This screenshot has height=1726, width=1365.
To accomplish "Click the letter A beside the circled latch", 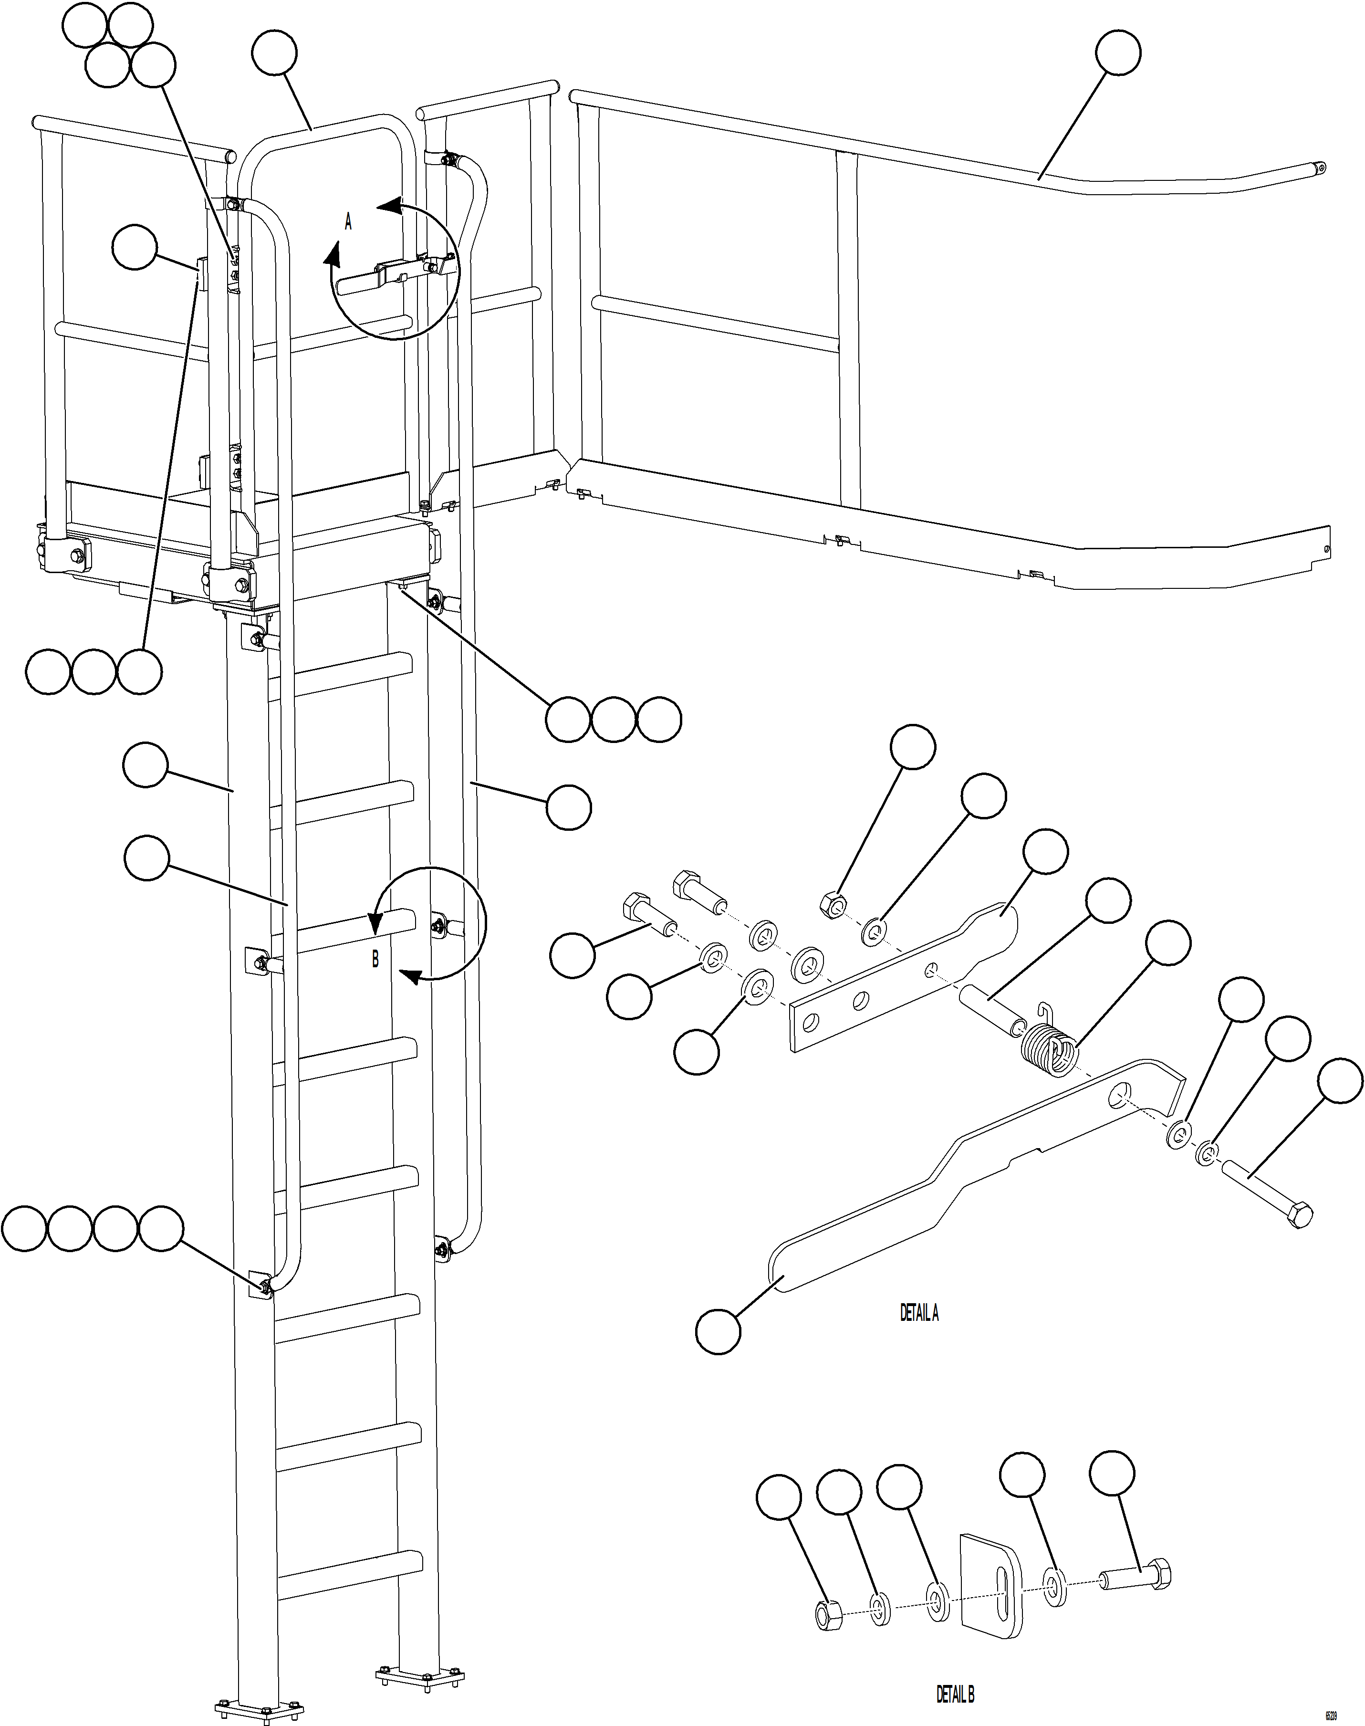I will [348, 222].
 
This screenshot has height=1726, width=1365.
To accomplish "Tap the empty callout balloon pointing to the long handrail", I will [1117, 53].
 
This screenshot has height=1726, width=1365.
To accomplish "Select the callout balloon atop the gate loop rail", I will [274, 53].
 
